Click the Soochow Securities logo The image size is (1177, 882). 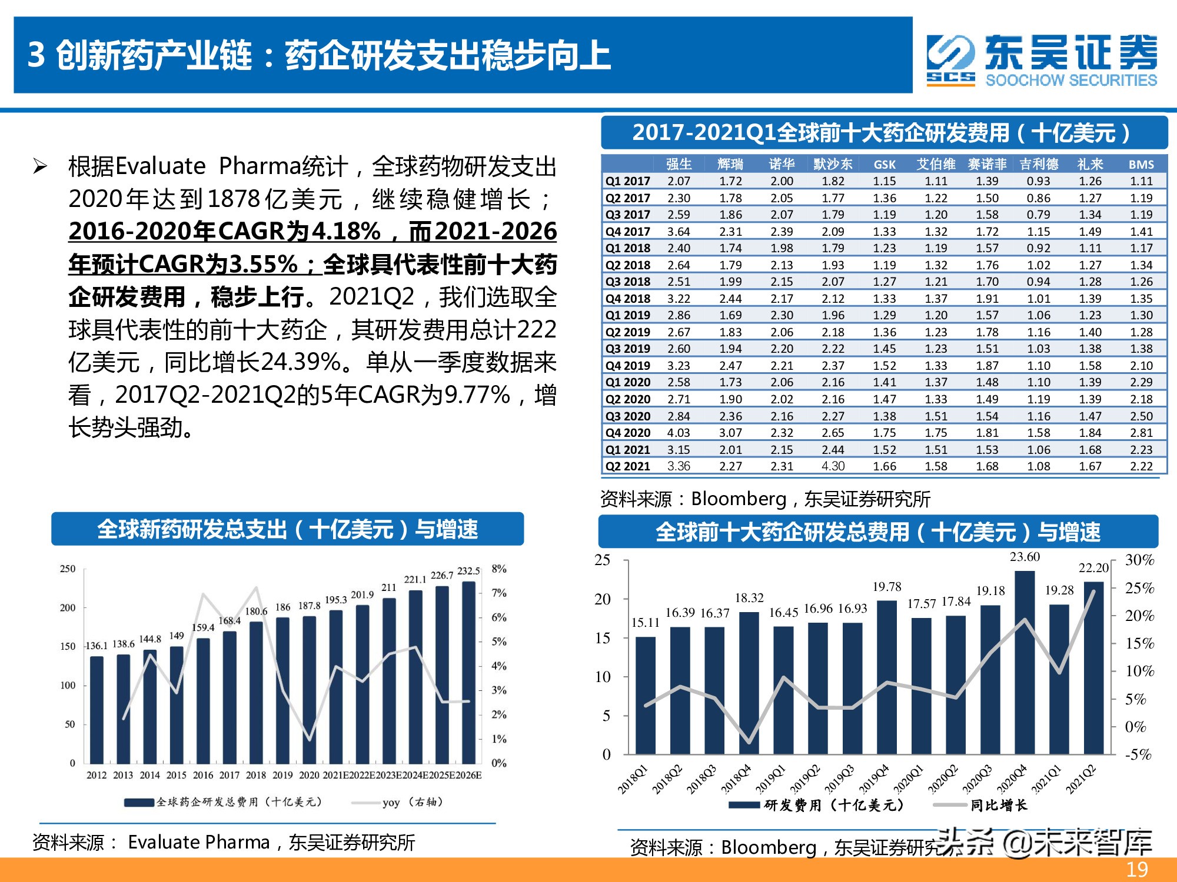1042,60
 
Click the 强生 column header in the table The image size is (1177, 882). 679,164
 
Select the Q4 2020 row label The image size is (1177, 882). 627,433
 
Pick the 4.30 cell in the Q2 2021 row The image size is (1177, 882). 833,466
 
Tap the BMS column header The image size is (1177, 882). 1141,165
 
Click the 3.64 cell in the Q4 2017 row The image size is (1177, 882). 679,232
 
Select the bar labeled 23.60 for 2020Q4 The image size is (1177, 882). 1025,662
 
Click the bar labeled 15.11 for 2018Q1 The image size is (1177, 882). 646,695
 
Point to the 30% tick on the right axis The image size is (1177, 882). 1139,560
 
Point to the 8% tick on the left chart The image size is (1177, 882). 499,569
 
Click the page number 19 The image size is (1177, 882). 1136,869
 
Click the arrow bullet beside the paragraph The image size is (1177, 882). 40,166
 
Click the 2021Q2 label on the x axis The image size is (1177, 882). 1080,780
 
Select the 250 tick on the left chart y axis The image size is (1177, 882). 68,569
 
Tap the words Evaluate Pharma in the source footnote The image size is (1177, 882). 198,842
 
